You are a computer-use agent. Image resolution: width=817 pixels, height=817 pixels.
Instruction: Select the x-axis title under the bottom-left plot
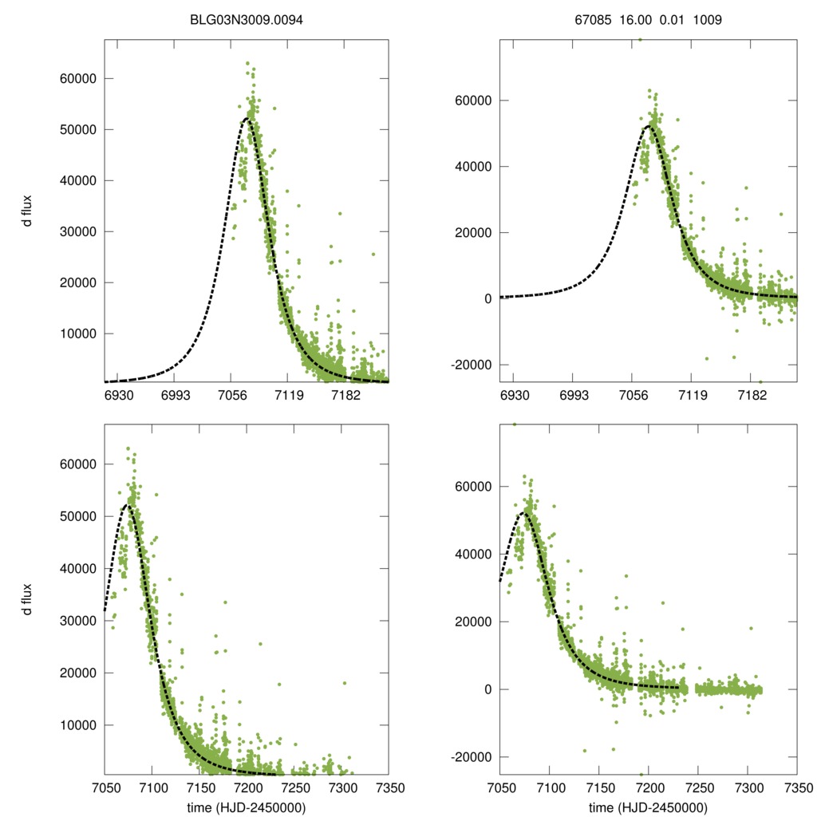(x=246, y=807)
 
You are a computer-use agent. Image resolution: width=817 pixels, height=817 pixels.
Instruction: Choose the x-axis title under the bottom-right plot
(x=648, y=807)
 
